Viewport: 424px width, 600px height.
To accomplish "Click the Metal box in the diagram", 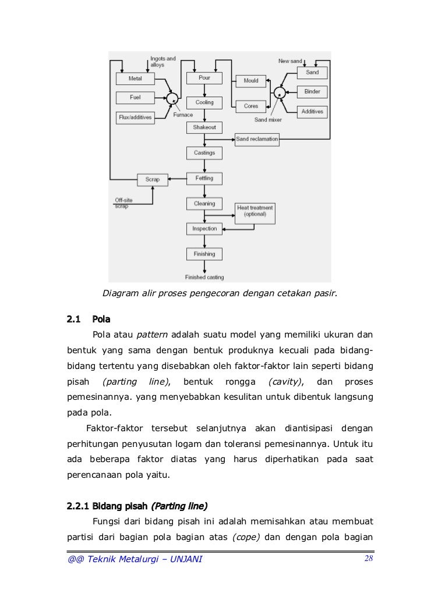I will (x=135, y=78).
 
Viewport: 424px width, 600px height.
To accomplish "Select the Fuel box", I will (x=135, y=97).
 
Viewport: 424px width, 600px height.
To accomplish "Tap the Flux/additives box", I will (x=135, y=117).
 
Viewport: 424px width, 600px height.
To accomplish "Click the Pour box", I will (x=204, y=77).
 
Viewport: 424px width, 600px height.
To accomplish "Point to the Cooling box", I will (x=204, y=102).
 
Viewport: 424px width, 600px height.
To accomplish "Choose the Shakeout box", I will (x=204, y=127).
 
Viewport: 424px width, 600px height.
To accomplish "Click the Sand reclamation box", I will (x=257, y=139).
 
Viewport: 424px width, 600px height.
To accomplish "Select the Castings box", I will (x=204, y=152).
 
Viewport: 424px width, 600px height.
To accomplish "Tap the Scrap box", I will (x=152, y=179).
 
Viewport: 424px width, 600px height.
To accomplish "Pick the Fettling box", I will (x=204, y=178).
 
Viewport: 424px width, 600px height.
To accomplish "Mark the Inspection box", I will (x=204, y=229).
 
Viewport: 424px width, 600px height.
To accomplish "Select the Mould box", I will (x=251, y=81).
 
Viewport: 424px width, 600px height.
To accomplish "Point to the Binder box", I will (x=312, y=92).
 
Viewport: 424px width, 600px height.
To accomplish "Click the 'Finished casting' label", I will (x=204, y=278).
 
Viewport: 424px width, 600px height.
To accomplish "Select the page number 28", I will (x=368, y=559).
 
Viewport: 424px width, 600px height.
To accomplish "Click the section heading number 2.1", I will (x=73, y=319).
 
